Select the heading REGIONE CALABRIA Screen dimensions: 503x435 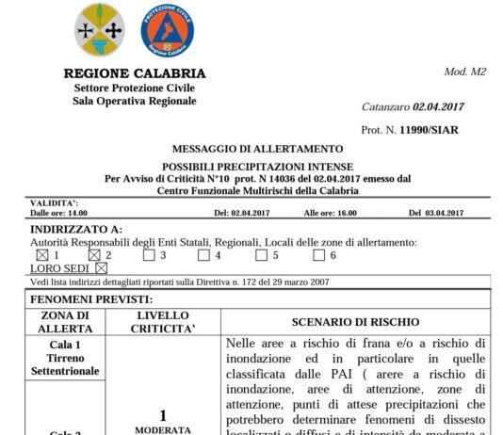133,73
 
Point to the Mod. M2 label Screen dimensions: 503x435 463,72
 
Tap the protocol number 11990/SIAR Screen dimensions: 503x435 429,130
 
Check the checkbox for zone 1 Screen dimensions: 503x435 41,255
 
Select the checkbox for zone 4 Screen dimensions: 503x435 203,255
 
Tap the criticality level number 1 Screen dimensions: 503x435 163,415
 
